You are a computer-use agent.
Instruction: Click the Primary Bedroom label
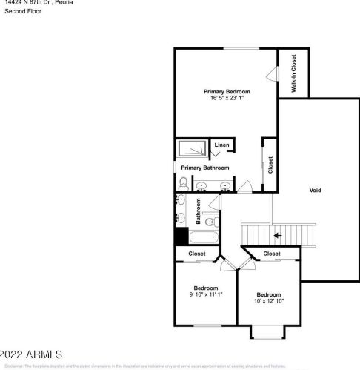click(227, 91)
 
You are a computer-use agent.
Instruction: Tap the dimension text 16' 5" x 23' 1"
click(227, 97)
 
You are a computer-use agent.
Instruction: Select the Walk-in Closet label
click(294, 75)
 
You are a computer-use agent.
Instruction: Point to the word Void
click(316, 190)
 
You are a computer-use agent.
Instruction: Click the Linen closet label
click(221, 145)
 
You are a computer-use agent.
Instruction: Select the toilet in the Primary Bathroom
click(183, 182)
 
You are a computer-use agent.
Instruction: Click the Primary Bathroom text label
click(205, 168)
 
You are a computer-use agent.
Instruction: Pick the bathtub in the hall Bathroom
click(204, 238)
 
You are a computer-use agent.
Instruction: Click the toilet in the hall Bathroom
click(210, 221)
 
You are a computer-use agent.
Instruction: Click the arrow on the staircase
click(278, 236)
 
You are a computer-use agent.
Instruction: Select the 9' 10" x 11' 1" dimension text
click(206, 294)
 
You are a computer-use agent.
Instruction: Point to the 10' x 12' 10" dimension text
click(269, 300)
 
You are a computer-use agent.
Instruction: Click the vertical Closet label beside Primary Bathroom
click(270, 164)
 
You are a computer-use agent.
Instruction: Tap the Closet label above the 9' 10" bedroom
click(197, 254)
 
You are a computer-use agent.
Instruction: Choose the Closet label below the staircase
click(272, 254)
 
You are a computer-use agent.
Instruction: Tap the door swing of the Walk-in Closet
click(272, 74)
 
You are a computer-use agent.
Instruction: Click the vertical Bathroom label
click(199, 211)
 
